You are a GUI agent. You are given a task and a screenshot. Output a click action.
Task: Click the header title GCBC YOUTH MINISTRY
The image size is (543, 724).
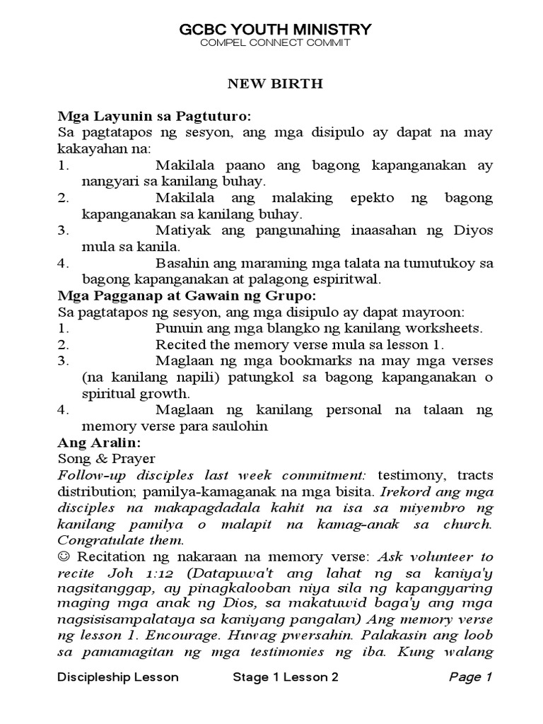coord(275,29)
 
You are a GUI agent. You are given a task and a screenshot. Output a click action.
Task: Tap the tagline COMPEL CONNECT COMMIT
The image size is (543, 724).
coord(275,43)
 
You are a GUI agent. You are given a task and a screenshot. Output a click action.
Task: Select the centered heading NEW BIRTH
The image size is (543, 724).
coord(274,83)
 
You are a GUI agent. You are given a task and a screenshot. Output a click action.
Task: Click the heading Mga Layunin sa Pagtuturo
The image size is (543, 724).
coord(154,116)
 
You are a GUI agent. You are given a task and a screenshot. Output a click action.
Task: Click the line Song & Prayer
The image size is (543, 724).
coord(106,458)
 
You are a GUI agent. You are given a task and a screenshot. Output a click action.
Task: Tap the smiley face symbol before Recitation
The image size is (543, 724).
coord(63,556)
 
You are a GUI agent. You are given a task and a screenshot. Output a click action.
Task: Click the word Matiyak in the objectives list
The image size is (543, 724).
coord(180,230)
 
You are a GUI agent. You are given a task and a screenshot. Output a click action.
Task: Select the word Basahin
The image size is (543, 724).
coord(181,263)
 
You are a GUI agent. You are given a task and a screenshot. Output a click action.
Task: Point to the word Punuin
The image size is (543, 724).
coord(177,328)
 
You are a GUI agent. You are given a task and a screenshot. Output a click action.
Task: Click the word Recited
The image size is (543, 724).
coord(179,345)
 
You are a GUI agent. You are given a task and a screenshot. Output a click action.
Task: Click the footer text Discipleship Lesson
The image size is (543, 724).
coord(117,677)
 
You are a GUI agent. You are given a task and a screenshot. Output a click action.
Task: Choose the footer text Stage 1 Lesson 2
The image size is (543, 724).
coord(286,677)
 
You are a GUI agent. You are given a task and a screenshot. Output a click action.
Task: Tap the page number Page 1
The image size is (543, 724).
coord(470,677)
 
